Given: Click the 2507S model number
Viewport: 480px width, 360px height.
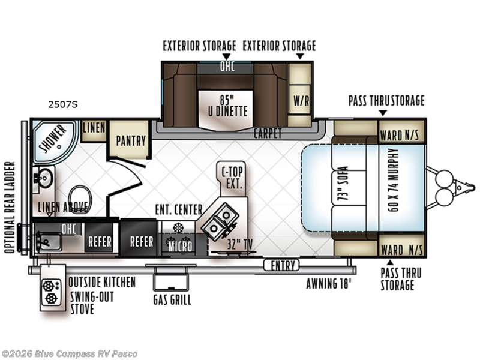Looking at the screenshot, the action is [x=63, y=104].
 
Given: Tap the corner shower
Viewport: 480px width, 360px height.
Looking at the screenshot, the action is [x=53, y=142].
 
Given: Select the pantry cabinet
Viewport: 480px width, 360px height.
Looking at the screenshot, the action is [x=130, y=140].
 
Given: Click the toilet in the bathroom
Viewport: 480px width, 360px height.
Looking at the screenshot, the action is [x=80, y=199].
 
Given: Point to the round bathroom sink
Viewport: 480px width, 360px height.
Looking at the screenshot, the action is [x=46, y=178].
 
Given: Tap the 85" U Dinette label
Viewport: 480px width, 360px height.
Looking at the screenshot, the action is [x=227, y=106].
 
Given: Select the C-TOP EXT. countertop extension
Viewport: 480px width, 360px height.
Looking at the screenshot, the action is [x=232, y=178].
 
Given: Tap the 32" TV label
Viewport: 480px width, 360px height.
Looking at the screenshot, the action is [x=240, y=245].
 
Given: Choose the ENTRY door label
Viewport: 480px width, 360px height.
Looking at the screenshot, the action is [x=281, y=265].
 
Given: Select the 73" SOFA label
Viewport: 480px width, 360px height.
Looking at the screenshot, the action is [x=343, y=184].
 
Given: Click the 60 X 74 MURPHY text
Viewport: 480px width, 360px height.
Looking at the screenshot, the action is [x=393, y=180].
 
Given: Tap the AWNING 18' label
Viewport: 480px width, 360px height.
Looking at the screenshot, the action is [x=328, y=283].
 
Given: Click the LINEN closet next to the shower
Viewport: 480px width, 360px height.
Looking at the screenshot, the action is [x=94, y=131].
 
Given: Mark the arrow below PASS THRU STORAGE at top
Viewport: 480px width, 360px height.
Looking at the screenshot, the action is [x=383, y=113].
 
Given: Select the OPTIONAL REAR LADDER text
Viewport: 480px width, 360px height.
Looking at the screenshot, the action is [x=10, y=207].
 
